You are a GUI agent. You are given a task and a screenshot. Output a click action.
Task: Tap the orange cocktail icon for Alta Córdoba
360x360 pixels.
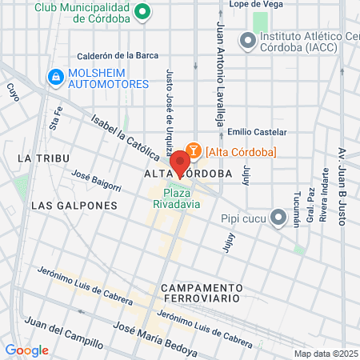(x=193, y=152)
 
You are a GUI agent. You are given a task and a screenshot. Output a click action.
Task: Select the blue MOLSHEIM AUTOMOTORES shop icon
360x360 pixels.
(x=55, y=78)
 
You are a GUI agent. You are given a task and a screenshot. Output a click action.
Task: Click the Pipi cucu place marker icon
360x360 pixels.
(x=278, y=217)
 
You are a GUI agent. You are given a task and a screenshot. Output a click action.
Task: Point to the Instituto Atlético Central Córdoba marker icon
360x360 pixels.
(x=247, y=41)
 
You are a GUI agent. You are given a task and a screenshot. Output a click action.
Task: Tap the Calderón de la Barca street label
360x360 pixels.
(x=117, y=56)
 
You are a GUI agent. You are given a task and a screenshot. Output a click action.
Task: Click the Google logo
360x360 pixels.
(x=26, y=350)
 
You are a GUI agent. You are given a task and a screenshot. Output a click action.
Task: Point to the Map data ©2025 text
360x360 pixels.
(x=324, y=353)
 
